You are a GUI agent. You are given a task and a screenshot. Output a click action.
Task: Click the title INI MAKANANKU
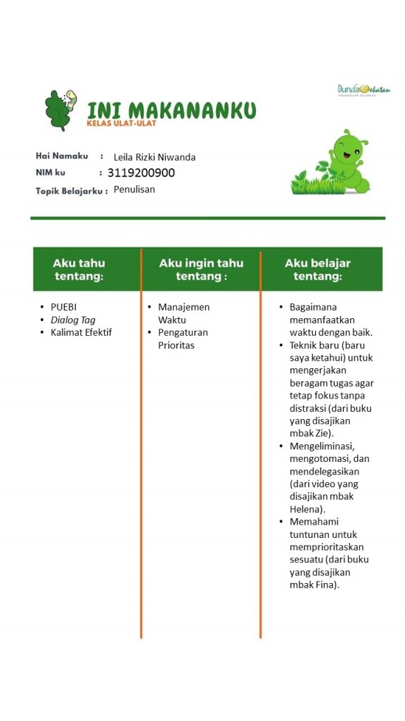pos(171,110)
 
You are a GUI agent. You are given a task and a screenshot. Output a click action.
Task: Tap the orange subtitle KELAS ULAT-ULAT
pos(121,124)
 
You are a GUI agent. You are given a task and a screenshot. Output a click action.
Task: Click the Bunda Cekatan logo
pos(364,90)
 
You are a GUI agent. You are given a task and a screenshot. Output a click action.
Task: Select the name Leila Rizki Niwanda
pos(155,157)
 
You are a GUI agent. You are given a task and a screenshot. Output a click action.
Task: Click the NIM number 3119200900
pos(141,173)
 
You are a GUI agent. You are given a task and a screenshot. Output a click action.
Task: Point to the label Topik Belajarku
pos(71,190)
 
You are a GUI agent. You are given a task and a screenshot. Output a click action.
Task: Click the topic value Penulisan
pos(134,189)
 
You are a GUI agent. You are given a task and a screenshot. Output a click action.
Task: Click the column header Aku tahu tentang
pos(79,269)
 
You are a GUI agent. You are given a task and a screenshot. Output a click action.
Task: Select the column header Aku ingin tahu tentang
pos(201,269)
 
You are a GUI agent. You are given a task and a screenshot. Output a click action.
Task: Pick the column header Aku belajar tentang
pos(318,269)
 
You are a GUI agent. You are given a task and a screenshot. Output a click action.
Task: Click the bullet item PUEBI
pos(63,307)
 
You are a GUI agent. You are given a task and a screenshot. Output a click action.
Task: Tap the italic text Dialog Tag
pos(73,320)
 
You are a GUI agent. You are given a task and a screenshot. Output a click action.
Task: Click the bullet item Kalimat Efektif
pos(81,332)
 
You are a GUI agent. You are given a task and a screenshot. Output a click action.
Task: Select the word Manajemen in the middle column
pos(184,307)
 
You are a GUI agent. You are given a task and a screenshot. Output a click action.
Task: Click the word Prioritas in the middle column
pos(176,345)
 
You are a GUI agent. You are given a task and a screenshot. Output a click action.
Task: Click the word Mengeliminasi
pos(320,446)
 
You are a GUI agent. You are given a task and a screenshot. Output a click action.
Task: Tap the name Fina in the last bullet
pos(325,585)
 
